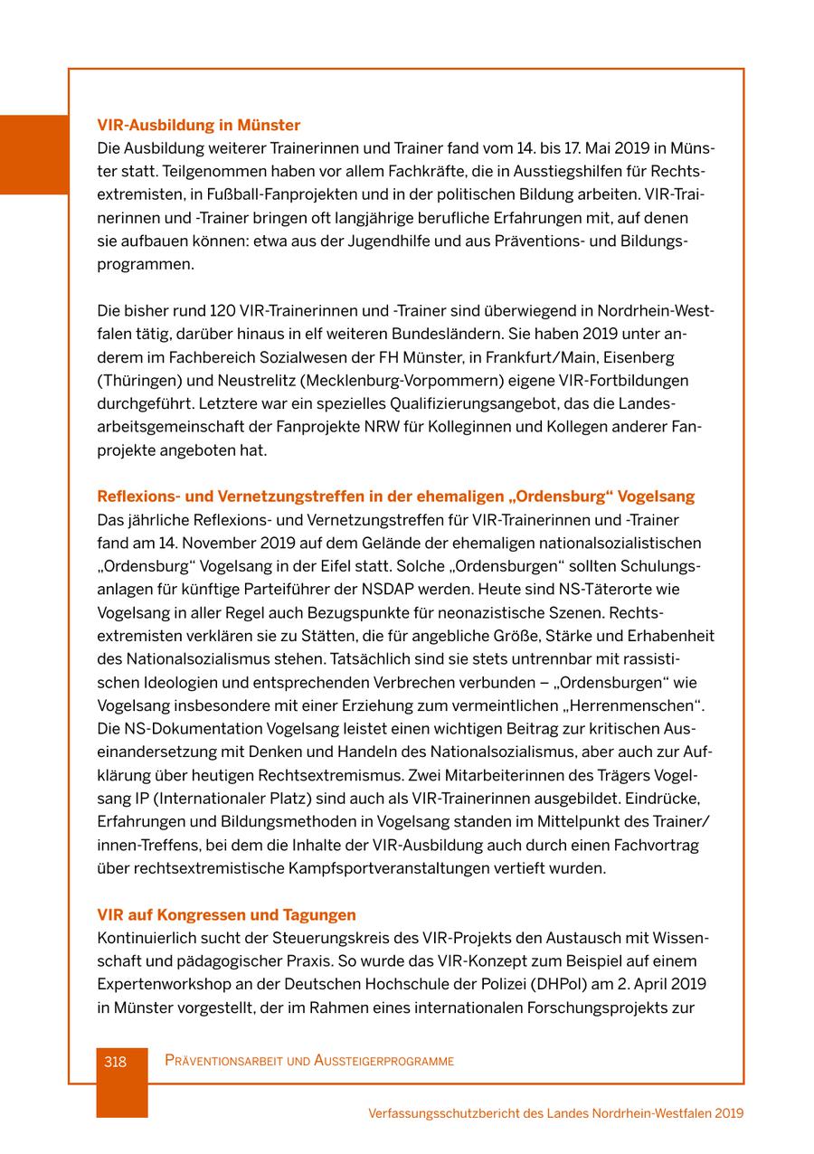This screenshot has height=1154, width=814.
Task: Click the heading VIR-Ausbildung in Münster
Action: pos(198,125)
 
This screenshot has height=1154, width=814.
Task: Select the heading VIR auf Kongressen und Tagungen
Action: pos(226,914)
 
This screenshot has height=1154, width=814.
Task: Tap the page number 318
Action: pos(115,1062)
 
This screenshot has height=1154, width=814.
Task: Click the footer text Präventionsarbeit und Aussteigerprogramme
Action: pos(309,1061)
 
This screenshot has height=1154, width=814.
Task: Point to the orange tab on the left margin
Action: pos(33,155)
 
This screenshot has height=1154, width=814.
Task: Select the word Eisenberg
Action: pos(641,357)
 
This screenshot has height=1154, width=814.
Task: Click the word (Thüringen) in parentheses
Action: pos(138,381)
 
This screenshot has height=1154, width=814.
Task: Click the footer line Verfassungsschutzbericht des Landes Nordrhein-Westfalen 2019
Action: pos(555,1113)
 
